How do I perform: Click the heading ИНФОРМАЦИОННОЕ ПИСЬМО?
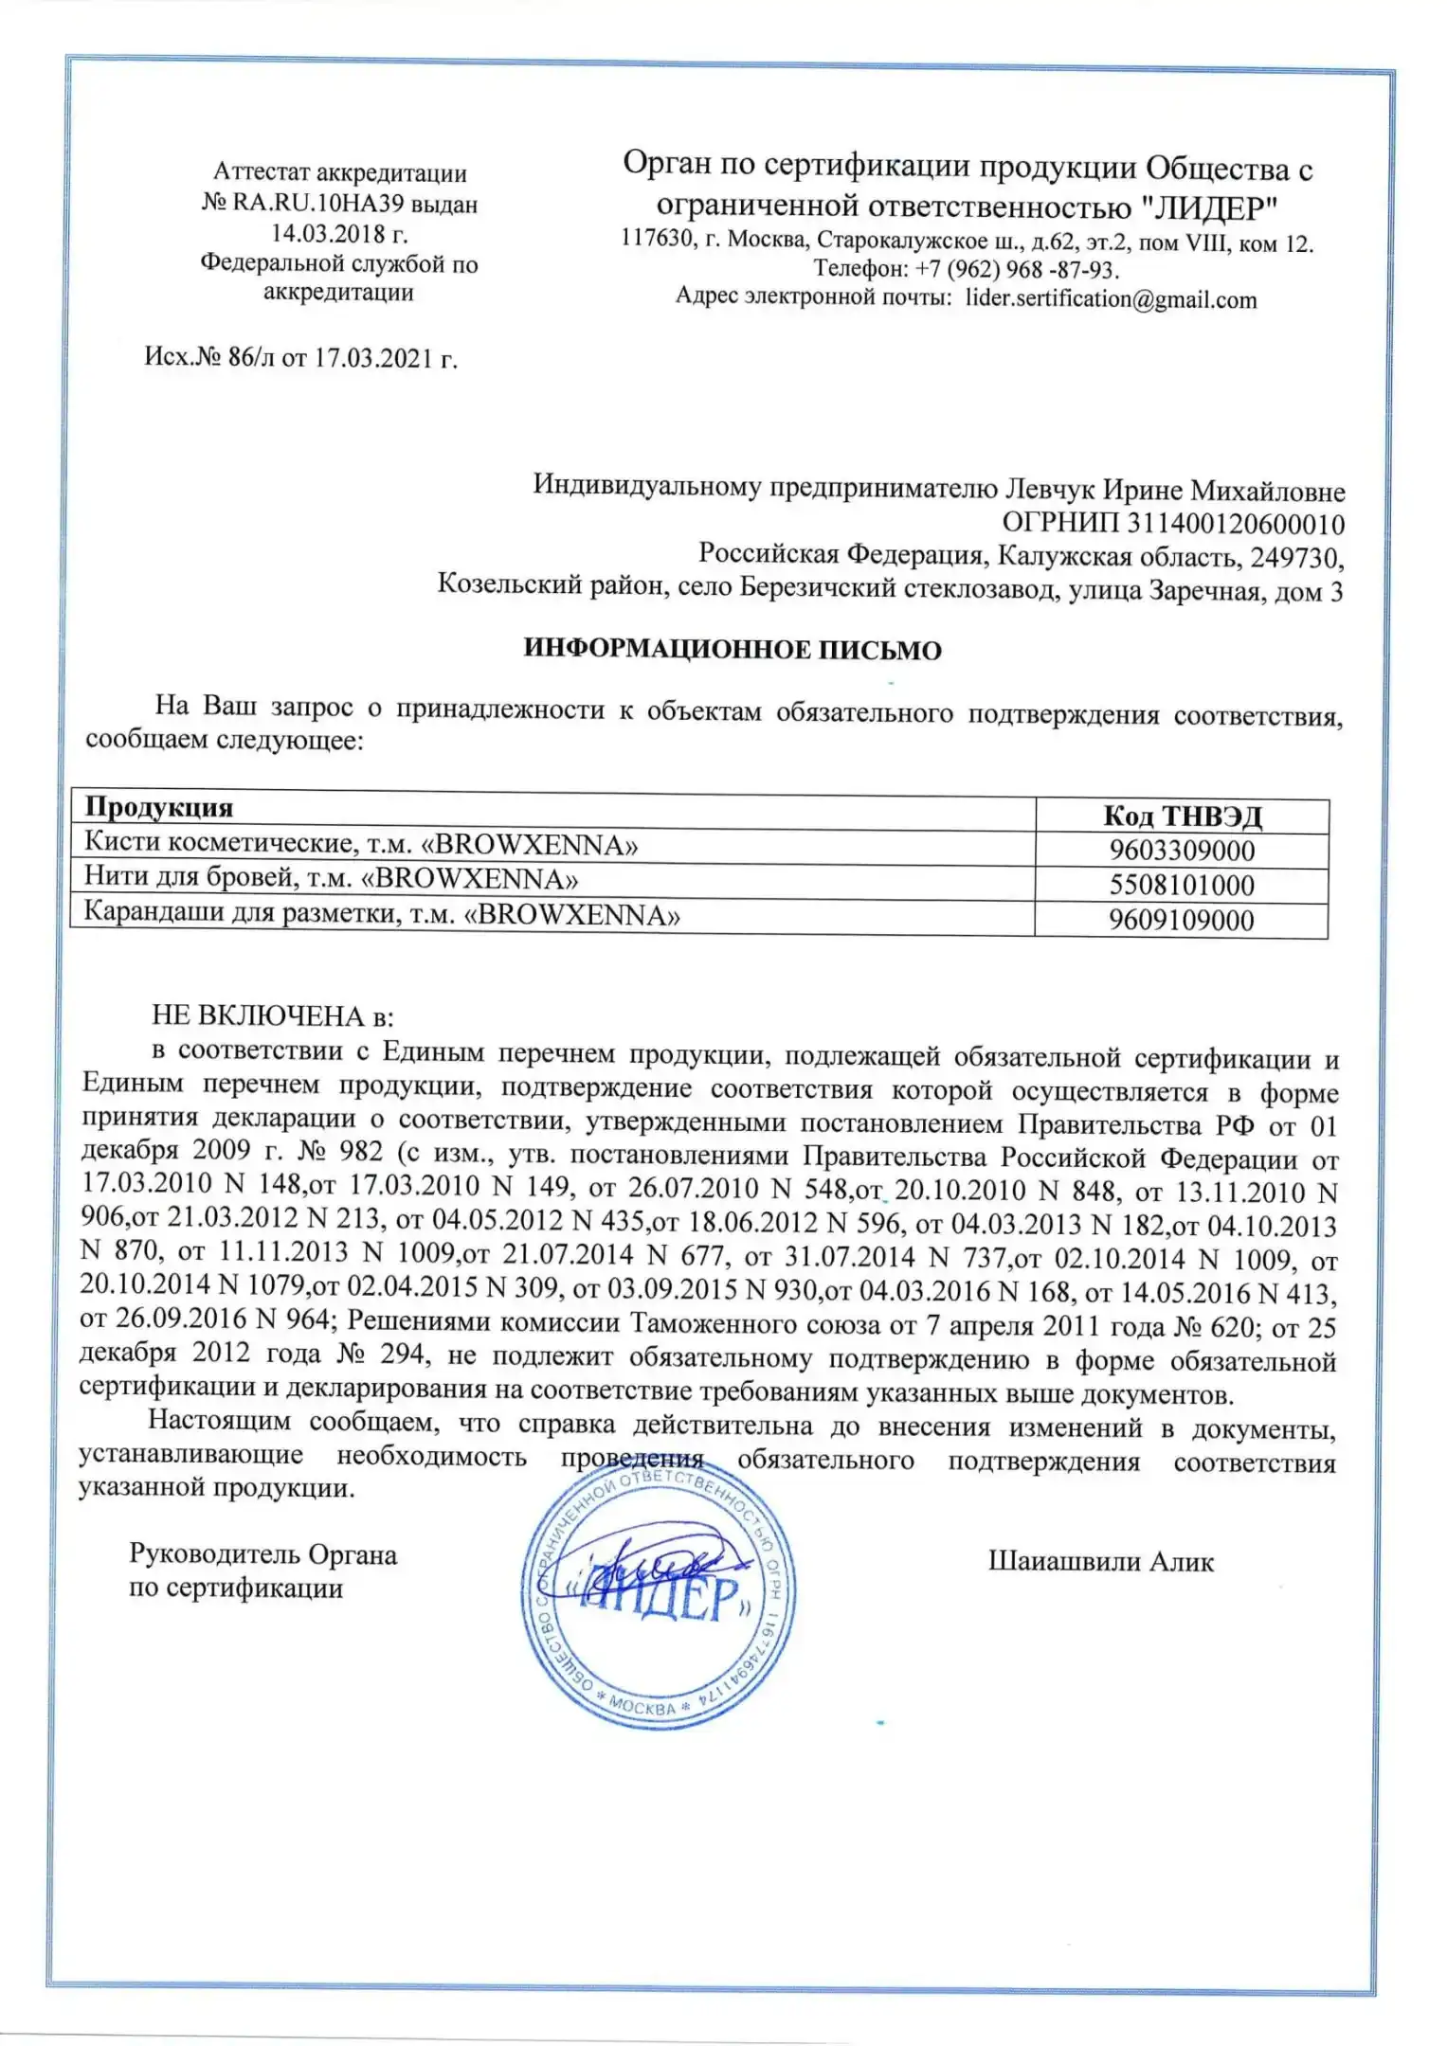click(733, 651)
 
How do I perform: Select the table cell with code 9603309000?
click(1182, 851)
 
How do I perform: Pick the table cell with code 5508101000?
click(1182, 886)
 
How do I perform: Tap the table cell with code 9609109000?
click(1182, 920)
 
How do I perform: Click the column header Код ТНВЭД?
click(1183, 817)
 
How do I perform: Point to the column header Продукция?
click(159, 807)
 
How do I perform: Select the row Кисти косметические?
click(361, 843)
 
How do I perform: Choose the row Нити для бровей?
click(331, 878)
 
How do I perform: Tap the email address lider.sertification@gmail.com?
click(1111, 300)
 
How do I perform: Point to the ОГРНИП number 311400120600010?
click(1235, 524)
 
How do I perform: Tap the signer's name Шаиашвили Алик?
click(1100, 1561)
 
